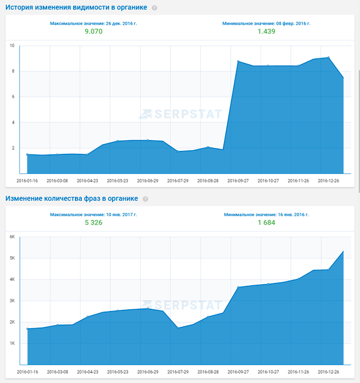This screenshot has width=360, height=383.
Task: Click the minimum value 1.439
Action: coord(266,31)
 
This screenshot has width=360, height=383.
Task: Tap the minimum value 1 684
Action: coord(266,222)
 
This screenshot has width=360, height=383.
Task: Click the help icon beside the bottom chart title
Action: coord(145,199)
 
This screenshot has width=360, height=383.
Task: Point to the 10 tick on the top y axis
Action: coord(11,46)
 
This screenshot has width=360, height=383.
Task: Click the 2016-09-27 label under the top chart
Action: coord(238,180)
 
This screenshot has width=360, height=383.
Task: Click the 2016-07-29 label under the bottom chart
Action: coord(178,372)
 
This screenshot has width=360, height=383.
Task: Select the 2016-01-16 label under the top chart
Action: coord(28,180)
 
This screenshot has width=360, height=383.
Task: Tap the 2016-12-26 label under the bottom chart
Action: coord(328,372)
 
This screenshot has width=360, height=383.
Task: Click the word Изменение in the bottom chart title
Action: coord(26,198)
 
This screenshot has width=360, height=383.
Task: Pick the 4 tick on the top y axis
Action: coord(12,122)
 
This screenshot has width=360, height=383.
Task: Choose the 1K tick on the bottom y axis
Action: coord(12,343)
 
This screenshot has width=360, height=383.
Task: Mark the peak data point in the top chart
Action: coord(329,57)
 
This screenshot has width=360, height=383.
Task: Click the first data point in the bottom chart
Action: coord(27,329)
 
